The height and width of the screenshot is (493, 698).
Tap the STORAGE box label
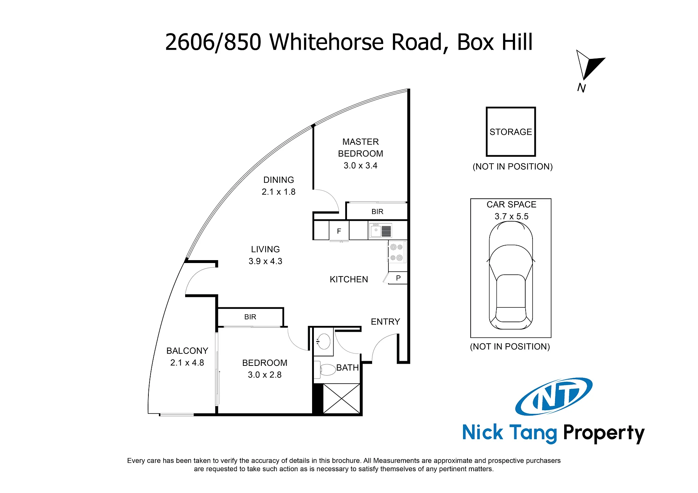[511, 132]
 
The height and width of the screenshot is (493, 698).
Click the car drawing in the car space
[511, 275]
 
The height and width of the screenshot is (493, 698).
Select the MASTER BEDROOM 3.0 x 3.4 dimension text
[360, 166]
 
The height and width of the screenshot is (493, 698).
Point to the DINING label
[279, 180]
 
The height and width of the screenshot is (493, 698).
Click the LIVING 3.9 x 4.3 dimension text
[266, 261]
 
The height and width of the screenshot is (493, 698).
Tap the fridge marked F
[339, 231]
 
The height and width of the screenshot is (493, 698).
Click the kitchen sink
[380, 231]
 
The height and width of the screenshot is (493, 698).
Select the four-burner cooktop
[397, 252]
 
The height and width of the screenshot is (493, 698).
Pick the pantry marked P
[398, 278]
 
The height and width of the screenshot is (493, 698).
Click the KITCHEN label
[349, 279]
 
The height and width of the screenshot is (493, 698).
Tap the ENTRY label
[386, 322]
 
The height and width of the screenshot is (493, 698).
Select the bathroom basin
[323, 342]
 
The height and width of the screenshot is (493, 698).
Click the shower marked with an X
[342, 399]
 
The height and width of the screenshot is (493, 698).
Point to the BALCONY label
[187, 351]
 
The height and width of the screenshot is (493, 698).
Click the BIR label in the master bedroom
[377, 211]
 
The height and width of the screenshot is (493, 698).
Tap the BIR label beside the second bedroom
[250, 317]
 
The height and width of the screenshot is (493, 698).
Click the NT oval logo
[554, 396]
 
